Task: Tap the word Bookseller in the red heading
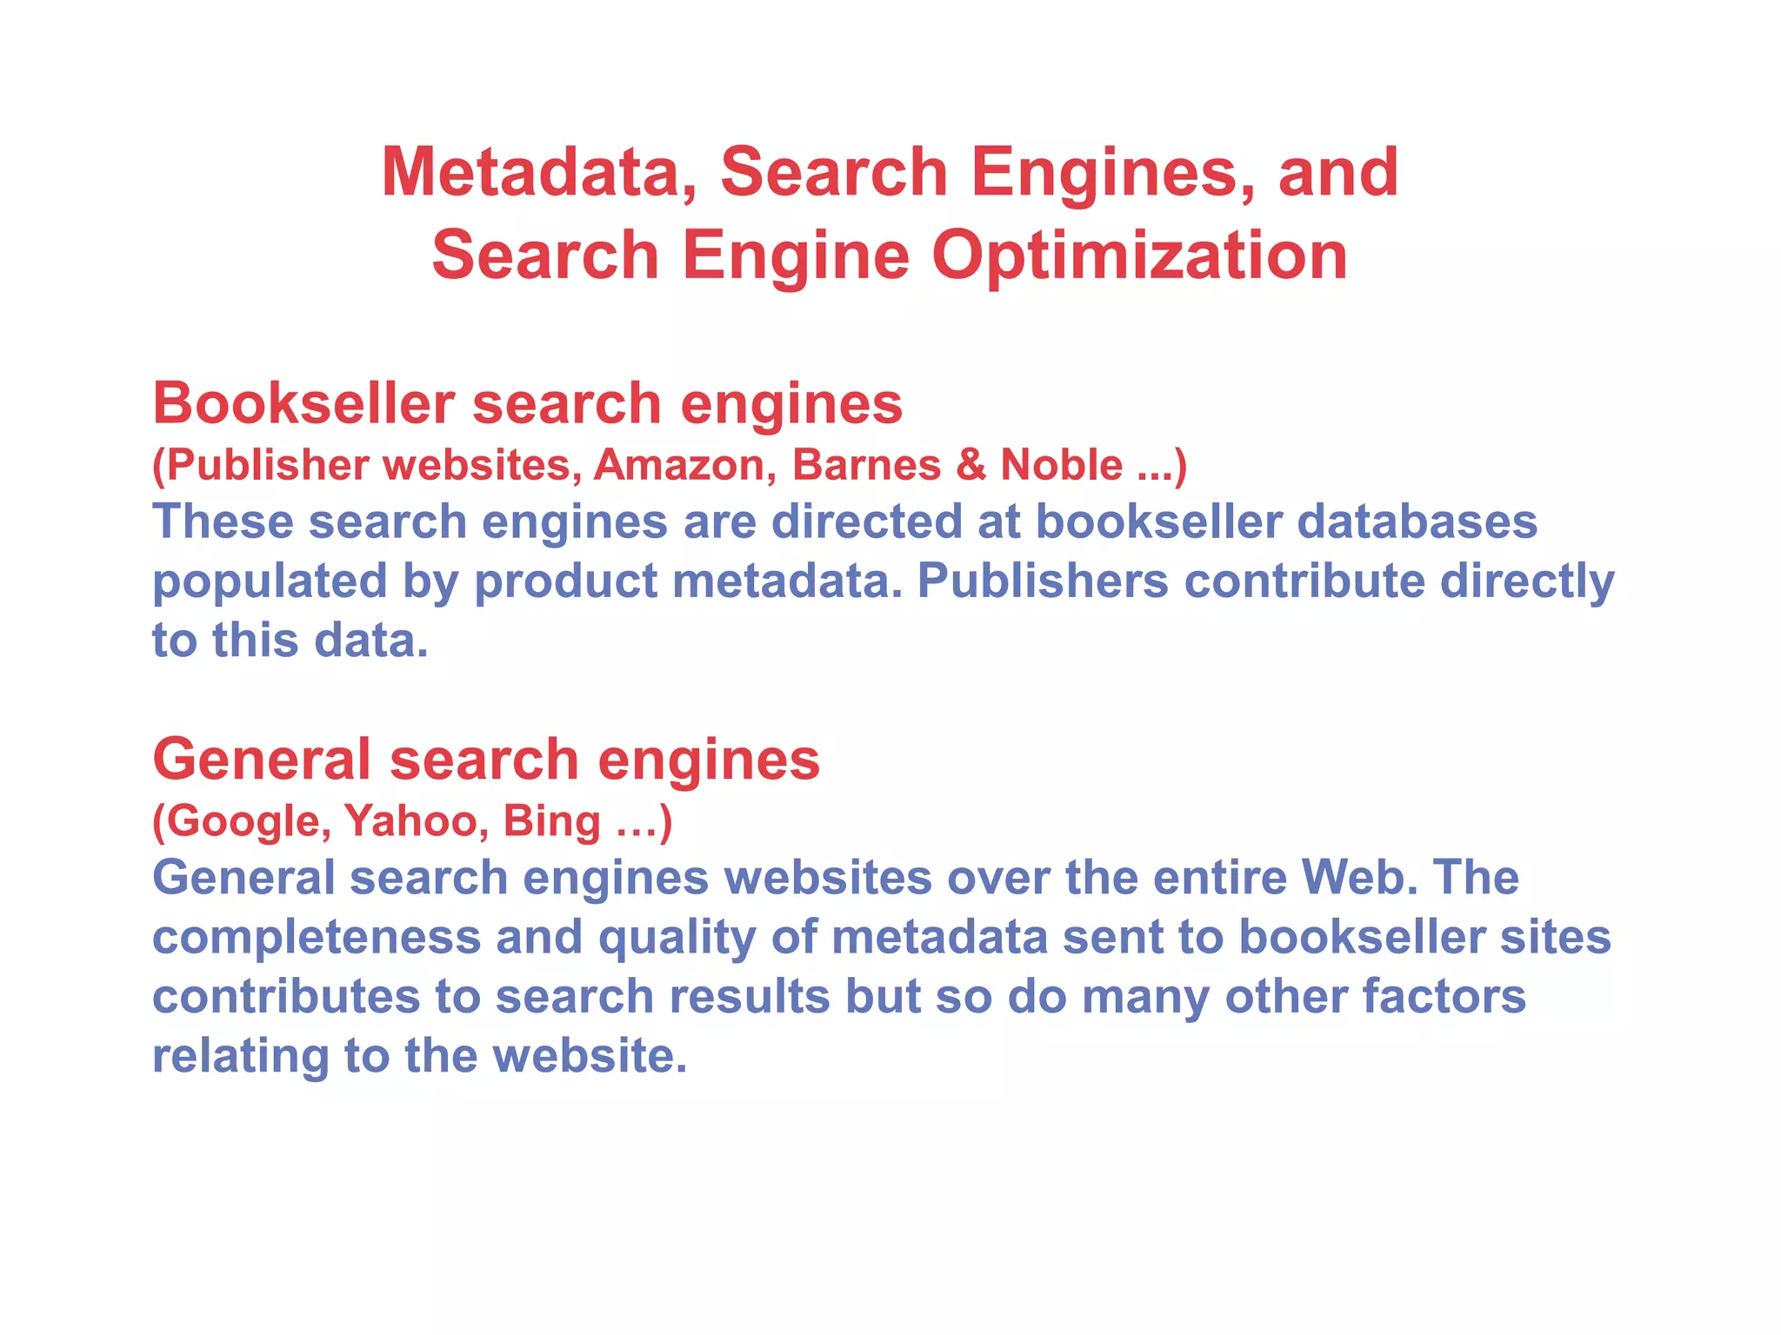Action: pos(304,403)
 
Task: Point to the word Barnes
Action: pos(866,465)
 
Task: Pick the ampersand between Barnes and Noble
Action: pos(971,465)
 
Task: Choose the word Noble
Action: pos(1061,465)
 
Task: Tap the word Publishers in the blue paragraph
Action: pos(1043,581)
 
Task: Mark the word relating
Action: pos(240,1056)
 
